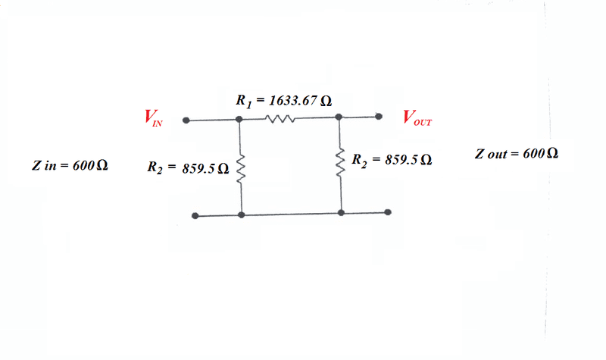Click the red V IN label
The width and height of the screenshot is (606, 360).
[x=152, y=119]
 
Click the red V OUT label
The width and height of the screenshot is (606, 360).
[x=417, y=118]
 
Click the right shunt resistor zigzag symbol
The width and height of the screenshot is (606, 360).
[x=342, y=164]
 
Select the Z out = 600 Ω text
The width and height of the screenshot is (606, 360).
[x=517, y=154]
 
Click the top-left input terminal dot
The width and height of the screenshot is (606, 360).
[x=186, y=120]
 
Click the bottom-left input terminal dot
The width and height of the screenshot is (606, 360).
[x=195, y=215]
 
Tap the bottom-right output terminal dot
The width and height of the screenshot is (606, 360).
[x=388, y=213]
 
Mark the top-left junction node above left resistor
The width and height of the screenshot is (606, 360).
[x=239, y=119]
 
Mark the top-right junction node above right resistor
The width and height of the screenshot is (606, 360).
[x=339, y=117]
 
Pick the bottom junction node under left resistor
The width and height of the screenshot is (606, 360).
[x=241, y=215]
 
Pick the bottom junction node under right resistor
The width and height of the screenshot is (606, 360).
[x=342, y=213]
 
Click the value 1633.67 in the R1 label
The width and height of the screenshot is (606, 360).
[x=290, y=100]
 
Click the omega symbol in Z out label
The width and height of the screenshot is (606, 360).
[x=552, y=154]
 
